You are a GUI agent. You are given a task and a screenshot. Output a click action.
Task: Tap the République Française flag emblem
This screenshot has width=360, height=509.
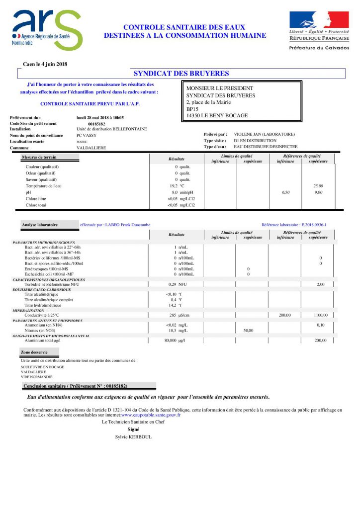coord(312,20)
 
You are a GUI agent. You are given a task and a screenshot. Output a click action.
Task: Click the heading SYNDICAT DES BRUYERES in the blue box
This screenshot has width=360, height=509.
coord(181,74)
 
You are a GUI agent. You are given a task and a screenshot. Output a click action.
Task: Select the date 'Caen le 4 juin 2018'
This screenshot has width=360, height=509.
coord(45,64)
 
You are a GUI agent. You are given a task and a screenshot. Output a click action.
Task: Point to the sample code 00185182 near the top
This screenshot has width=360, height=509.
coord(96,124)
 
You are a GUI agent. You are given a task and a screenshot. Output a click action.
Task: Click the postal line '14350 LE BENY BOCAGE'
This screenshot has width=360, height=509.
coord(217,116)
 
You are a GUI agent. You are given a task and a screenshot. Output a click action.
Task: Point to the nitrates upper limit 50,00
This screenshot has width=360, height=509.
coord(248,330)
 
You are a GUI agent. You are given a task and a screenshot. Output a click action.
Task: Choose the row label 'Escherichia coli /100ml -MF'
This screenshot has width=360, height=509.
coord(49,274)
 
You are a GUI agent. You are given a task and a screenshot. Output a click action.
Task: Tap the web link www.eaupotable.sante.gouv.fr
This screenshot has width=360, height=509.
coord(151,414)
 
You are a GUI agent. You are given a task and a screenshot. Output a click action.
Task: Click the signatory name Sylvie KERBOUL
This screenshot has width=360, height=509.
coord(133,437)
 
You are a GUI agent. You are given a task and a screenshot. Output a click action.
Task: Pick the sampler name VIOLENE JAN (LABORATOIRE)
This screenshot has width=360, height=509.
coord(264,134)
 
